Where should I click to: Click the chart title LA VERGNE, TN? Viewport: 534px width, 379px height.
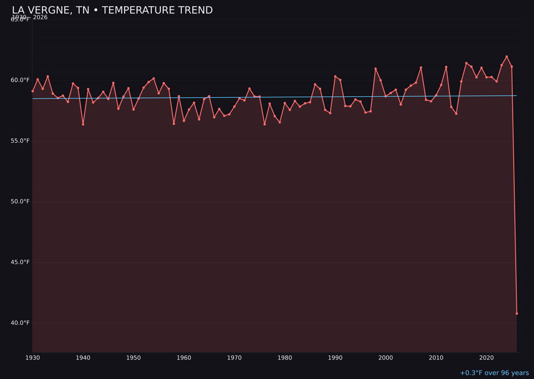(x=112, y=10)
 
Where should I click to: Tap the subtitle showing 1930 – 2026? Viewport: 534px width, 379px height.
(x=30, y=18)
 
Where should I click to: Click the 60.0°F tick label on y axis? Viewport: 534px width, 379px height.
(x=20, y=80)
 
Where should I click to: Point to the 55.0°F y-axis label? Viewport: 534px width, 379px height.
(x=20, y=141)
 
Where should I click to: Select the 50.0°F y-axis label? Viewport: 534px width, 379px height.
(x=20, y=201)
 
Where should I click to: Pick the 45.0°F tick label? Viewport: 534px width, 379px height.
(x=20, y=262)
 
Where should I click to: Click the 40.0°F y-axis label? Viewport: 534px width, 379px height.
(x=20, y=323)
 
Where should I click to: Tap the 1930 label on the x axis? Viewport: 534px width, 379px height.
(x=33, y=358)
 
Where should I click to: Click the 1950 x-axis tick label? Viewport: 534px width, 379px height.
(x=133, y=358)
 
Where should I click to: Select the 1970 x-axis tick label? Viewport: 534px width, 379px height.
(x=234, y=358)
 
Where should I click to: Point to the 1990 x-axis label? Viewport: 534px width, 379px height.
(x=335, y=358)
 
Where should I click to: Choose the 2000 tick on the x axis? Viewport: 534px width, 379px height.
(x=386, y=358)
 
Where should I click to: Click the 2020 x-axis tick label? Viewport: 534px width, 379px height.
(x=487, y=358)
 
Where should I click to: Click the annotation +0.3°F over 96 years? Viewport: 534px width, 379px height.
(x=494, y=373)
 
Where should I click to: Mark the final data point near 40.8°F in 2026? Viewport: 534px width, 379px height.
(x=517, y=313)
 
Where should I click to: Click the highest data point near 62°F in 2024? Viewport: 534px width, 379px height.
(x=507, y=57)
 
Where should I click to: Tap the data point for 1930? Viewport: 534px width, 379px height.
(x=33, y=91)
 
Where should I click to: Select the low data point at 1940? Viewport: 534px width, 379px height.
(x=83, y=124)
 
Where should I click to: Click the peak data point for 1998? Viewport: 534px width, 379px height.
(x=375, y=69)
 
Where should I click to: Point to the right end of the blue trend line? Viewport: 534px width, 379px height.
(x=517, y=96)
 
